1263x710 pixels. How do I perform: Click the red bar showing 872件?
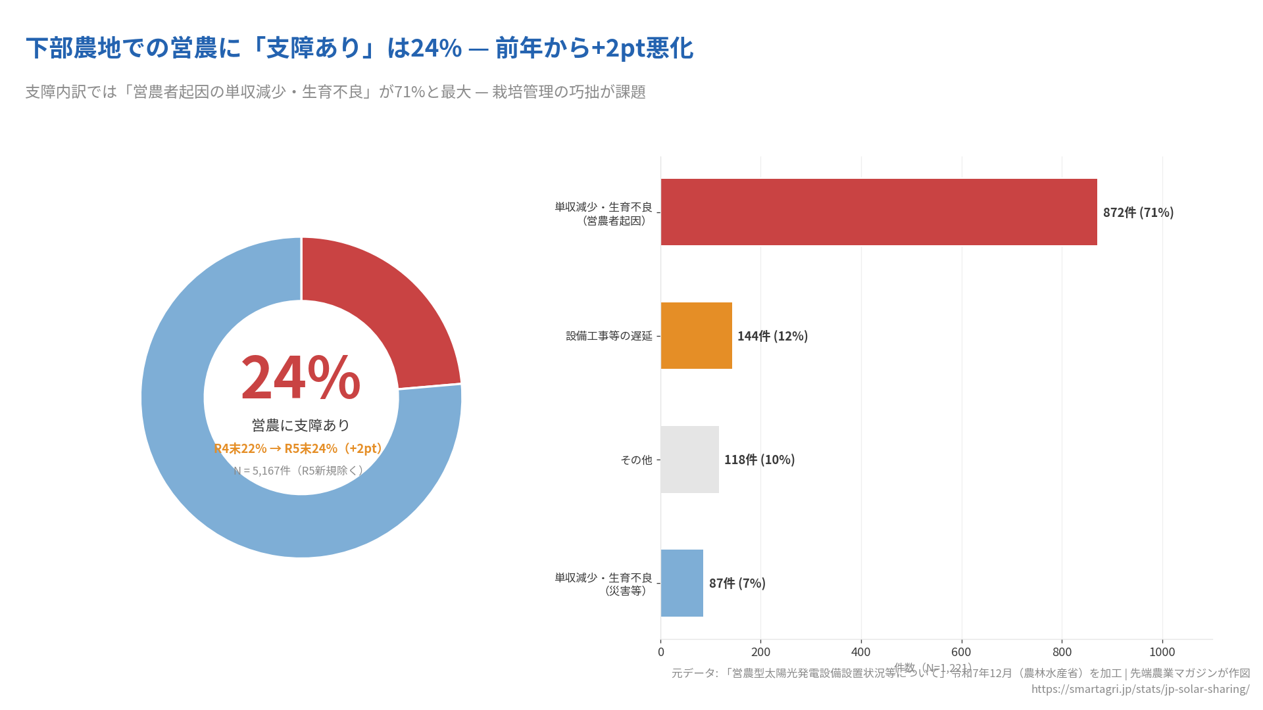coord(879,212)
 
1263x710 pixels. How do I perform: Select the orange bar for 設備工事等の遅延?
coord(696,336)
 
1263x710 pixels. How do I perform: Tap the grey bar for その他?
coord(689,460)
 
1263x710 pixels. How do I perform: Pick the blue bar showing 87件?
coord(681,583)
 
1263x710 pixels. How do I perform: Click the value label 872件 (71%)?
coord(1138,212)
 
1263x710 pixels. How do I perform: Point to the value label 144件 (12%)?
coord(772,336)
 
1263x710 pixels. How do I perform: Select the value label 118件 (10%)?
coord(759,460)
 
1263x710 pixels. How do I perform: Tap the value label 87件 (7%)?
coord(737,583)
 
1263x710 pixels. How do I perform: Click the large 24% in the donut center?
coord(301,378)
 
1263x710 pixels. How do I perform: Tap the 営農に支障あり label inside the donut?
coord(301,425)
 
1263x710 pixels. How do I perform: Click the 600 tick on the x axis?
coord(961,652)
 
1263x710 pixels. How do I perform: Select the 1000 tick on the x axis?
coord(1162,652)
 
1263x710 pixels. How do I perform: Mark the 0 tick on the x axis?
coord(660,652)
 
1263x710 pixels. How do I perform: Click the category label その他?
coord(636,460)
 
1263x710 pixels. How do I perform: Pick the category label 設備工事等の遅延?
coord(609,336)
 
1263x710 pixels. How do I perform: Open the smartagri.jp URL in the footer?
coord(1140,689)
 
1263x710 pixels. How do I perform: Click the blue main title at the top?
coord(359,48)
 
